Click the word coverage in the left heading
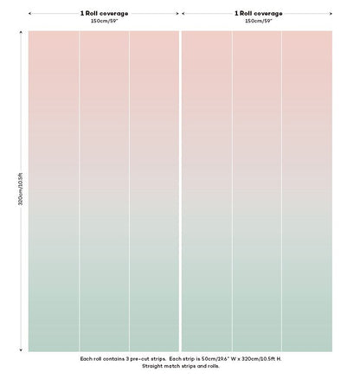coord(113,14)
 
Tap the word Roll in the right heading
coord(246,13)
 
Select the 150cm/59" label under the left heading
coord(105,21)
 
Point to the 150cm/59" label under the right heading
coord(259,21)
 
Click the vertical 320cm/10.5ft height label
coord(21,189)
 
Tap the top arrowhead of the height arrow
coord(21,32)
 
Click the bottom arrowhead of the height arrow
coord(21,350)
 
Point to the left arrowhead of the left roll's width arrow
coord(30,13)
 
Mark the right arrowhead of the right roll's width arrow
coord(331,13)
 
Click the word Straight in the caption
coord(152,366)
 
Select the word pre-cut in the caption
coord(142,359)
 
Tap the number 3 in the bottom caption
coord(127,359)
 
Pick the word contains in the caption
coord(114,359)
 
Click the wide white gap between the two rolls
coord(180,191)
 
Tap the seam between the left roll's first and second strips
coord(80,191)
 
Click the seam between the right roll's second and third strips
coord(281,191)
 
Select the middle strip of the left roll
coord(105,191)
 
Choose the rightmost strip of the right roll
coord(307,191)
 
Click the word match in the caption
coord(172,366)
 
